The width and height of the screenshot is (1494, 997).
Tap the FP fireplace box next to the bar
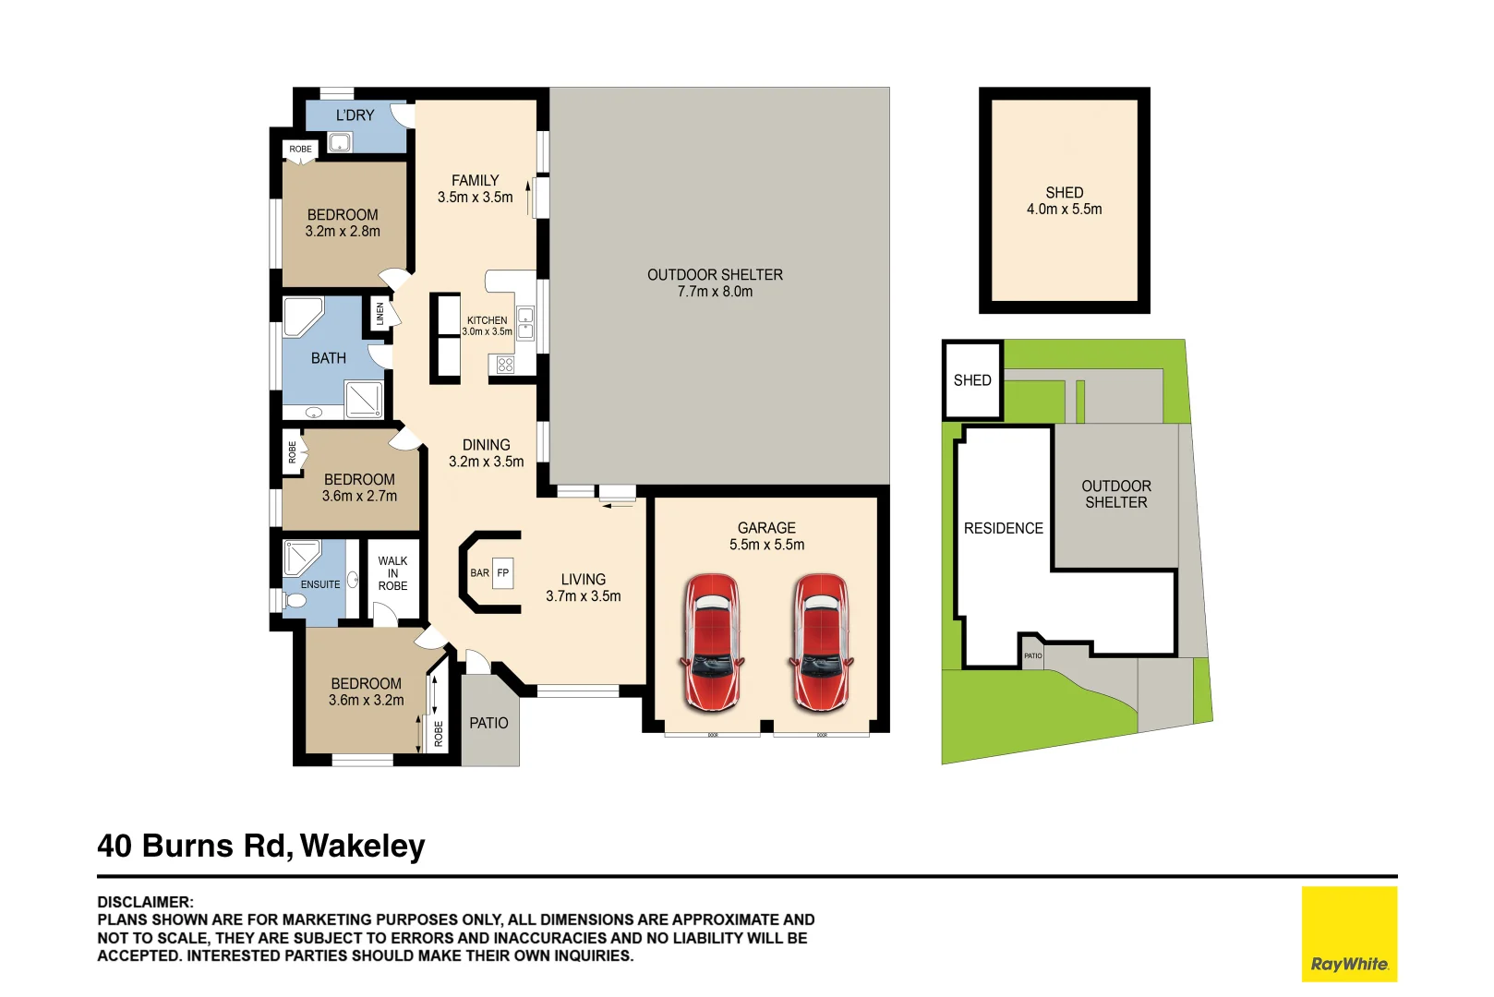[x=502, y=572]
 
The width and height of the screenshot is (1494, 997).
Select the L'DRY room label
[x=355, y=115]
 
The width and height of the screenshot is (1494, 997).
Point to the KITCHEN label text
[x=487, y=320]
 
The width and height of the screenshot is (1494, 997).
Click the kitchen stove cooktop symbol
[x=505, y=365]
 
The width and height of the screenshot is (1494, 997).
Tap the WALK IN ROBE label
[x=392, y=573]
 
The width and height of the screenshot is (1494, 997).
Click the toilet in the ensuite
[x=295, y=600]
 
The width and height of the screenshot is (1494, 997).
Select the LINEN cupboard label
[x=380, y=314]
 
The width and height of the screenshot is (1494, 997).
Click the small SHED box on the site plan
[x=972, y=380]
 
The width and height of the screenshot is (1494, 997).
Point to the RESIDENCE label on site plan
[x=1003, y=528]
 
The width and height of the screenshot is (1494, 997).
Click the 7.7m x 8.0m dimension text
[x=715, y=292]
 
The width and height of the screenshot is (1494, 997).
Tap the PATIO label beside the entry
[x=488, y=723]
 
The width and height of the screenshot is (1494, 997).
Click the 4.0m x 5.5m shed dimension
[x=1064, y=210]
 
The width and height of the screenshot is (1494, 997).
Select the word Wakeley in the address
[x=362, y=846]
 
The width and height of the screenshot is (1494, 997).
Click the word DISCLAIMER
[x=145, y=902]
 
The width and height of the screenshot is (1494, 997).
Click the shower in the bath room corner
[x=364, y=400]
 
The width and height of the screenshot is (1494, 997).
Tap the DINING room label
[x=486, y=445]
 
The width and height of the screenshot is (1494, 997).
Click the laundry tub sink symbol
[x=340, y=143]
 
